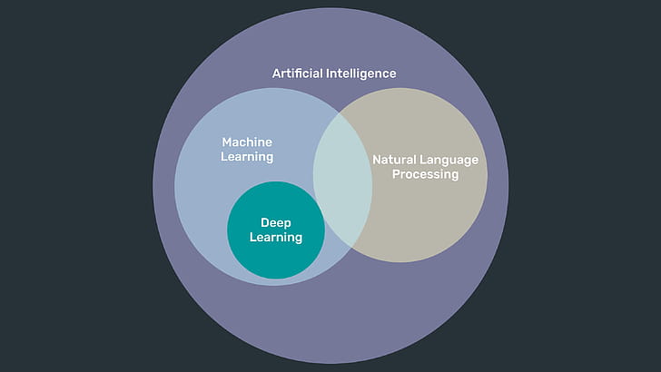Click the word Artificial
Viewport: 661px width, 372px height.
[299, 73]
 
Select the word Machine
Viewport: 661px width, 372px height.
[247, 142]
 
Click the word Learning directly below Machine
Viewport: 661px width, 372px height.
[247, 157]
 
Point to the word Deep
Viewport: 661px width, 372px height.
[275, 222]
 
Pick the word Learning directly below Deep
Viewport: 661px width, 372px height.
[275, 237]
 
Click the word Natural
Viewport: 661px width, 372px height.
[395, 160]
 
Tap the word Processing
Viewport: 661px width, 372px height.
[425, 174]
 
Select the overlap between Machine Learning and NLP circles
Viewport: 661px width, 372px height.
[342, 181]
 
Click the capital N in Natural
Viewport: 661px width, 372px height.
[377, 160]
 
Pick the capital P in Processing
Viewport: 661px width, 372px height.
[396, 174]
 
